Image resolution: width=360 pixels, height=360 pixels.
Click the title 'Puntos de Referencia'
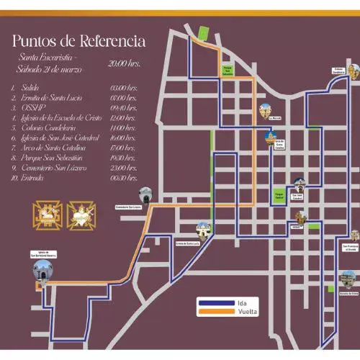point(79,41)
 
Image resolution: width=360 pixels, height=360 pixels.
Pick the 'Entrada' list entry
point(33,177)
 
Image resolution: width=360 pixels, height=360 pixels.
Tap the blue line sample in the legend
point(218,302)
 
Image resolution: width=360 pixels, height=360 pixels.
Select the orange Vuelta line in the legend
point(218,312)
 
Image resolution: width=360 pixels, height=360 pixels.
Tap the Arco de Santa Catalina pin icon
point(271,136)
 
